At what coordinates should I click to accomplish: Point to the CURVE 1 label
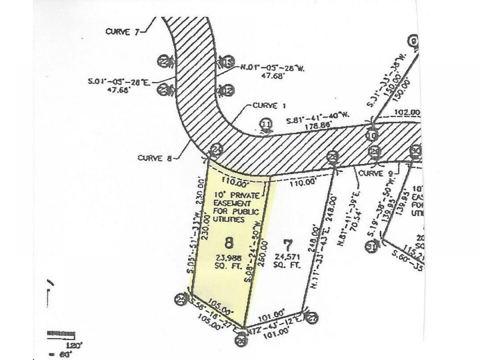point(264,106)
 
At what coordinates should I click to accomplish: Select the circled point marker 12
point(227,91)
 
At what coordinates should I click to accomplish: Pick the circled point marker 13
point(227,62)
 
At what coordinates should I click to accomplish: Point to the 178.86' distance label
point(318,125)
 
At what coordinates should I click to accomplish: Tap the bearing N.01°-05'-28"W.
point(273,68)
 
